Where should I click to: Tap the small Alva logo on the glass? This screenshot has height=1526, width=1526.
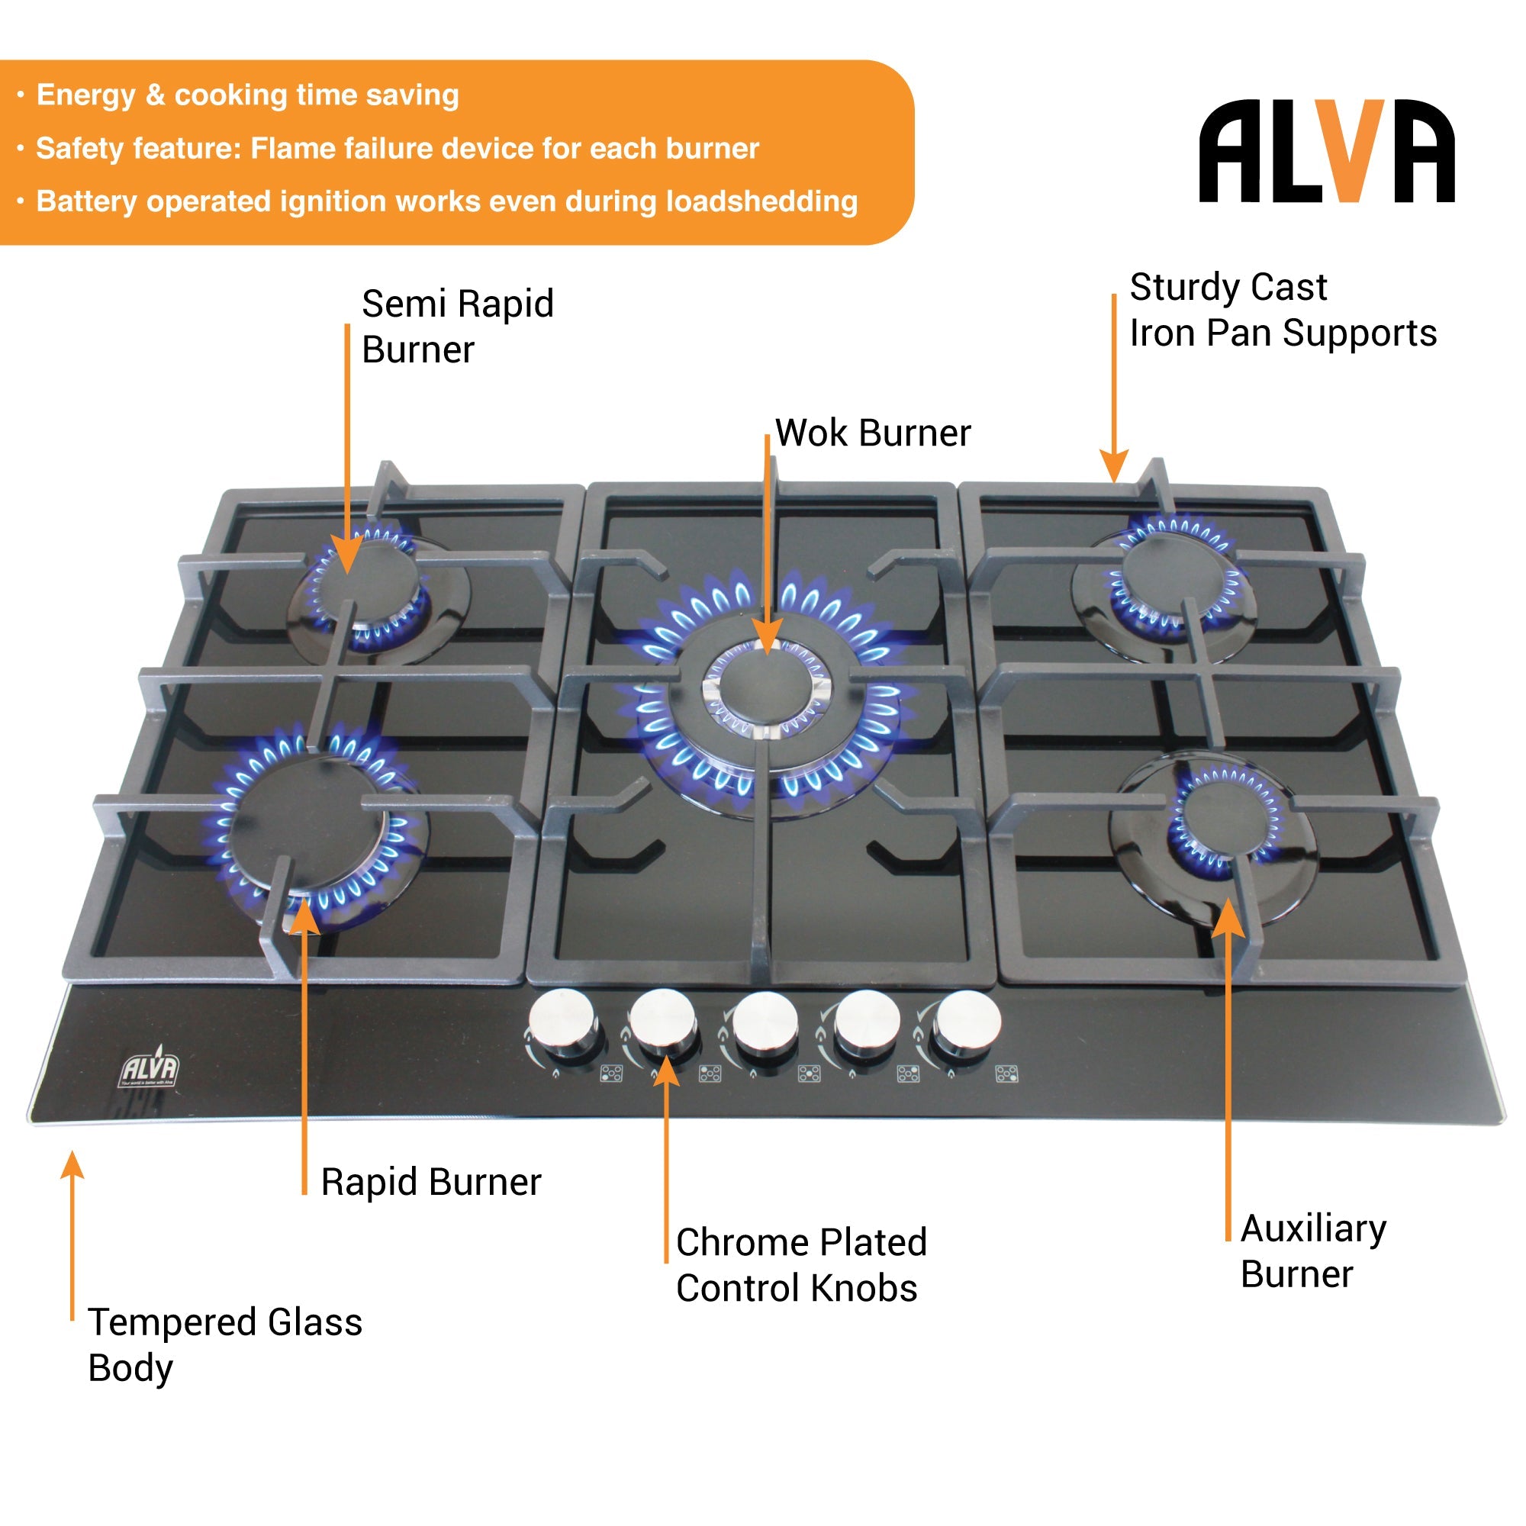pos(150,1070)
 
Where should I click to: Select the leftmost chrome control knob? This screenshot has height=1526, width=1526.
pos(562,1022)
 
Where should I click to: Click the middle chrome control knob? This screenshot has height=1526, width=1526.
pos(765,1022)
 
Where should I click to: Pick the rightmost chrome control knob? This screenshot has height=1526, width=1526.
pos(967,1022)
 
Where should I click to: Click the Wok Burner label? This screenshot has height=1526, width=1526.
pos(872,433)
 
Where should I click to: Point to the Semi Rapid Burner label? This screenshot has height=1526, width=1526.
pos(456,327)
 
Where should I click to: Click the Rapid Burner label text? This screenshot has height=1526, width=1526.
pos(430,1183)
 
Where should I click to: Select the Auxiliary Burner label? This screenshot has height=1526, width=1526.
pos(1312,1251)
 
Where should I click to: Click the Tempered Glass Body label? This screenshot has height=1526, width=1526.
pos(224,1344)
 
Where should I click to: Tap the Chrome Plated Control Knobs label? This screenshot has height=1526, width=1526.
pos(800,1265)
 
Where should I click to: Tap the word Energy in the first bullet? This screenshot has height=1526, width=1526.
pos(85,95)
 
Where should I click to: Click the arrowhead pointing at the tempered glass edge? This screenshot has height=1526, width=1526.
pos(72,1166)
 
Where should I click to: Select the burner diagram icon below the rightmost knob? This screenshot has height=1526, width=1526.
pos(1006,1074)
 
